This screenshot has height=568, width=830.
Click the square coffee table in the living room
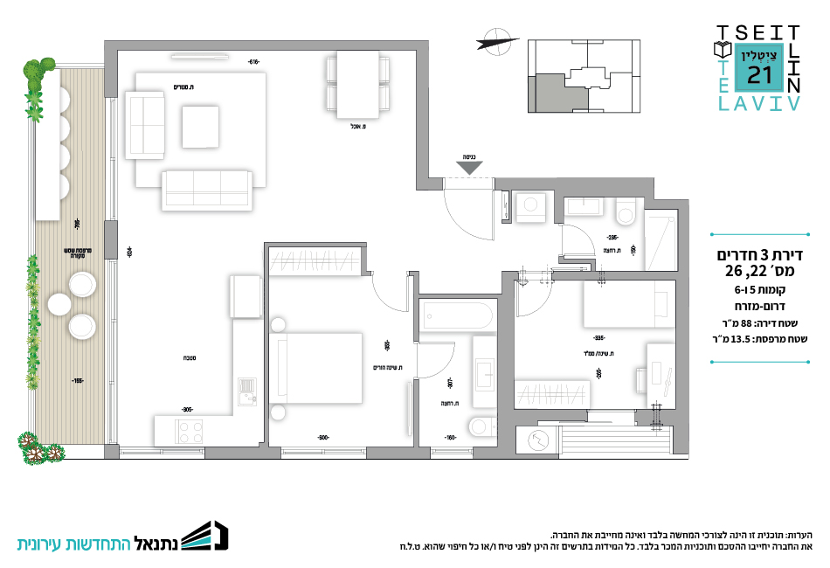click(200, 126)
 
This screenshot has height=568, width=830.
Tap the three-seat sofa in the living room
click(206, 190)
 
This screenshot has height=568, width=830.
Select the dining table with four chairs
click(355, 84)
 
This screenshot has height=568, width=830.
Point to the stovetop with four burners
click(190, 430)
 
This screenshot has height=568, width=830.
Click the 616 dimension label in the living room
click(254, 61)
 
